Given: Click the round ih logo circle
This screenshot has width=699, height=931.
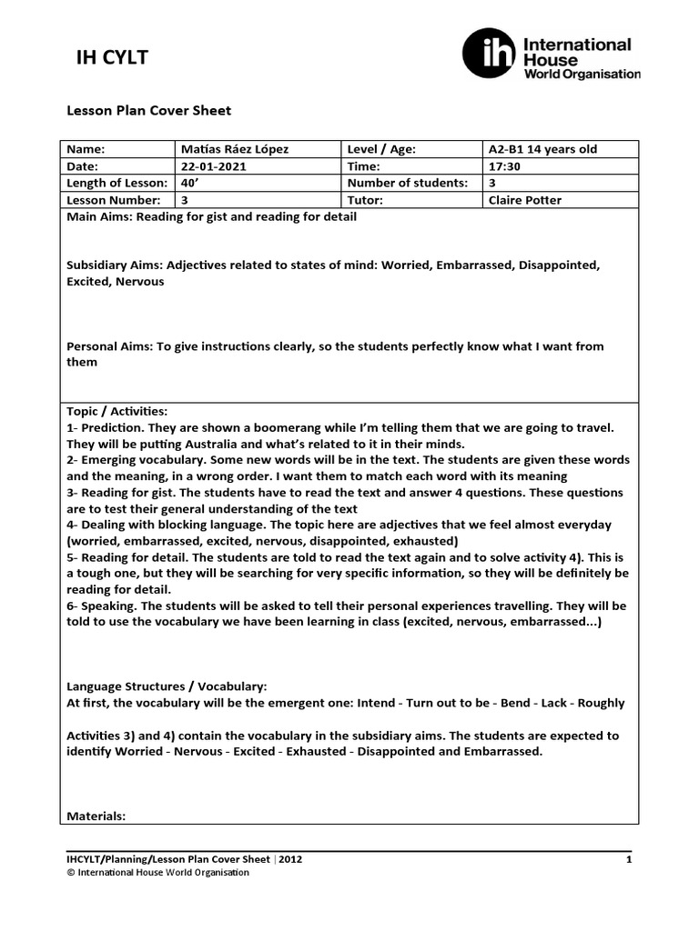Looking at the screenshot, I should coord(488,53).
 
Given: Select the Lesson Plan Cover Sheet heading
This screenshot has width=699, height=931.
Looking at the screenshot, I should coord(149,111).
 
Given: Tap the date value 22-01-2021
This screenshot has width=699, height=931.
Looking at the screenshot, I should coord(213,166).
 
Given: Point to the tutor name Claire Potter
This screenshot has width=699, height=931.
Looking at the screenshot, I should coord(526,200).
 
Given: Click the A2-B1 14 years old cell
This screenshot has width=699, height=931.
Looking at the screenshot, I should coord(542,149).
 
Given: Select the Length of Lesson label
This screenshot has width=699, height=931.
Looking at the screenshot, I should coord(116,183).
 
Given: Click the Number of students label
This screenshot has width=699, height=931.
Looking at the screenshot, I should coord(407,183).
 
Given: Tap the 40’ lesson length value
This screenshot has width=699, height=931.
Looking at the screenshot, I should coord(189,183).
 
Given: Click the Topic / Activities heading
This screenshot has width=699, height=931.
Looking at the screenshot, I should coord(117,411).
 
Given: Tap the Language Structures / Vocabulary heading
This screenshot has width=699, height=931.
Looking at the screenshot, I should coord(167,686).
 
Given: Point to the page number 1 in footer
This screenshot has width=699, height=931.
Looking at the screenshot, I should coord(629,858).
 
